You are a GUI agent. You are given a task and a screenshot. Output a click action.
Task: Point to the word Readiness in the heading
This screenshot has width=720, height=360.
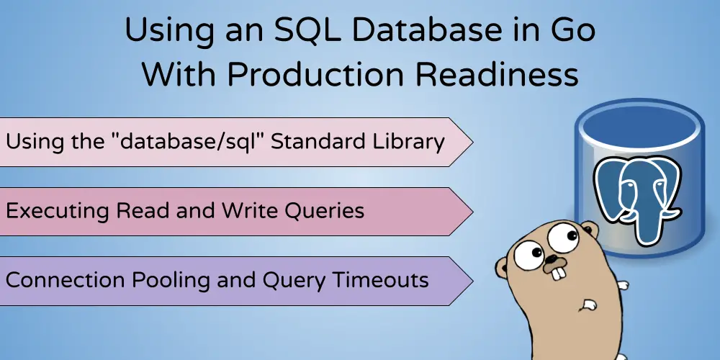click(497, 73)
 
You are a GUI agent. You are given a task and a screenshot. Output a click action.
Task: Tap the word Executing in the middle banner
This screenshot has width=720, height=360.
click(58, 212)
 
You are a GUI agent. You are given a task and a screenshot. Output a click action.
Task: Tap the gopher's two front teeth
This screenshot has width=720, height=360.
click(557, 273)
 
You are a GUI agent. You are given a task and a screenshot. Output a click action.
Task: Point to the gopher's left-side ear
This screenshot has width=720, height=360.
click(500, 268)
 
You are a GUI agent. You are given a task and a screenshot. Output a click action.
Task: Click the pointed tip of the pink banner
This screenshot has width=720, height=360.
click(472, 143)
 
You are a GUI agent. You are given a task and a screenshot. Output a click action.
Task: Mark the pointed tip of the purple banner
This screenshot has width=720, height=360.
click(472, 281)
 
